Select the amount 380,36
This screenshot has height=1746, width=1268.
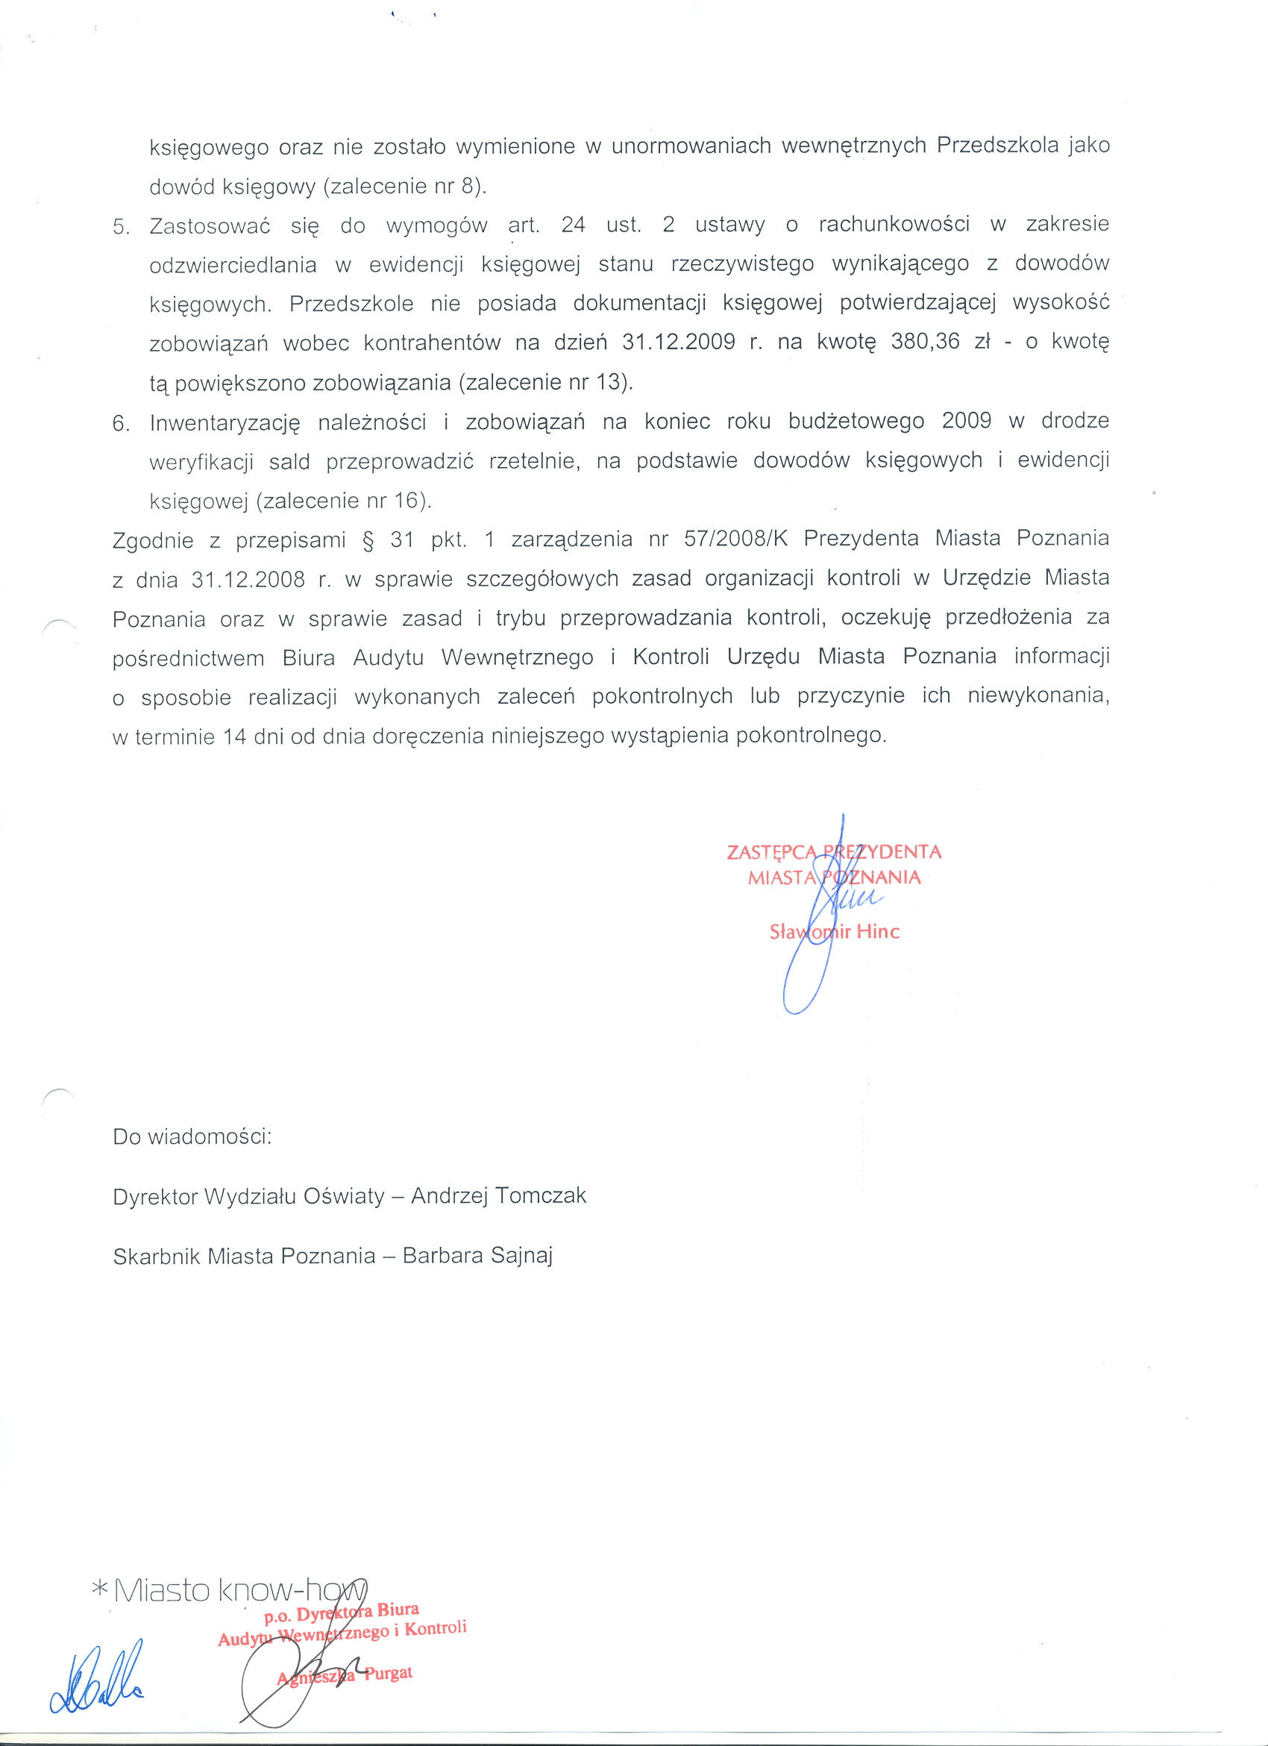[x=925, y=342]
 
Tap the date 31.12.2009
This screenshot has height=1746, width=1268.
[x=679, y=342]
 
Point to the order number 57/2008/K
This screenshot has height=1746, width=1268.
[x=736, y=539]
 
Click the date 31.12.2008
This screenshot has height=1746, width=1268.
[x=248, y=580]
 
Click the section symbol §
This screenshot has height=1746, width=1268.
[x=368, y=539]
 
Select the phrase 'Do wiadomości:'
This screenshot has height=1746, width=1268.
[x=192, y=1136]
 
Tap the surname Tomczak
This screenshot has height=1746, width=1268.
[x=541, y=1195]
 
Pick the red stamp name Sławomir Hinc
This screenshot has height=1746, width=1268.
[x=834, y=931]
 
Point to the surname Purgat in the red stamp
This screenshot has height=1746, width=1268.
[x=389, y=1674]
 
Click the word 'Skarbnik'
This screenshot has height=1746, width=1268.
[x=154, y=1257]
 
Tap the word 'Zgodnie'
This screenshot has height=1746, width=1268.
[x=152, y=540]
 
